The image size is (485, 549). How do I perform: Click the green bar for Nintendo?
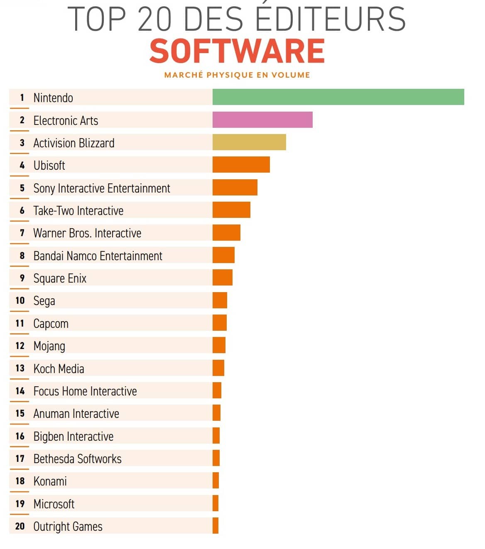click(338, 97)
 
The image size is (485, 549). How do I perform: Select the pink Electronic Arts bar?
click(262, 120)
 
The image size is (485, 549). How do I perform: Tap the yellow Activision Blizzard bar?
click(249, 142)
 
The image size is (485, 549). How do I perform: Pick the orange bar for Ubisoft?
click(241, 165)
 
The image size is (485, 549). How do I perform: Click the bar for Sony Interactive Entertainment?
click(235, 188)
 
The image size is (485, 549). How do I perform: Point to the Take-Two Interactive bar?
click(231, 210)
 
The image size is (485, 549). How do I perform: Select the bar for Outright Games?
click(215, 526)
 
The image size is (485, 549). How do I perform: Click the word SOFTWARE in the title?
click(237, 51)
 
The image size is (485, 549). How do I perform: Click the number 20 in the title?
click(154, 19)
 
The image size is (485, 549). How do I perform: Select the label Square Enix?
click(60, 278)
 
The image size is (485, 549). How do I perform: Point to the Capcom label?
click(51, 323)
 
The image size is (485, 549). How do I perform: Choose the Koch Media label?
click(59, 368)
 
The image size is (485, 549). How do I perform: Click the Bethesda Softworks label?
click(77, 459)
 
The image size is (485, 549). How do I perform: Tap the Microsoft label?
click(54, 504)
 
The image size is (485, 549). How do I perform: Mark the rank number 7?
click(22, 233)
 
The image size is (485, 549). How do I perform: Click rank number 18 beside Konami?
click(20, 481)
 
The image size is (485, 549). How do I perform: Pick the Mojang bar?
click(219, 345)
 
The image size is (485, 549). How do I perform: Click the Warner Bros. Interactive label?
click(87, 233)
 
